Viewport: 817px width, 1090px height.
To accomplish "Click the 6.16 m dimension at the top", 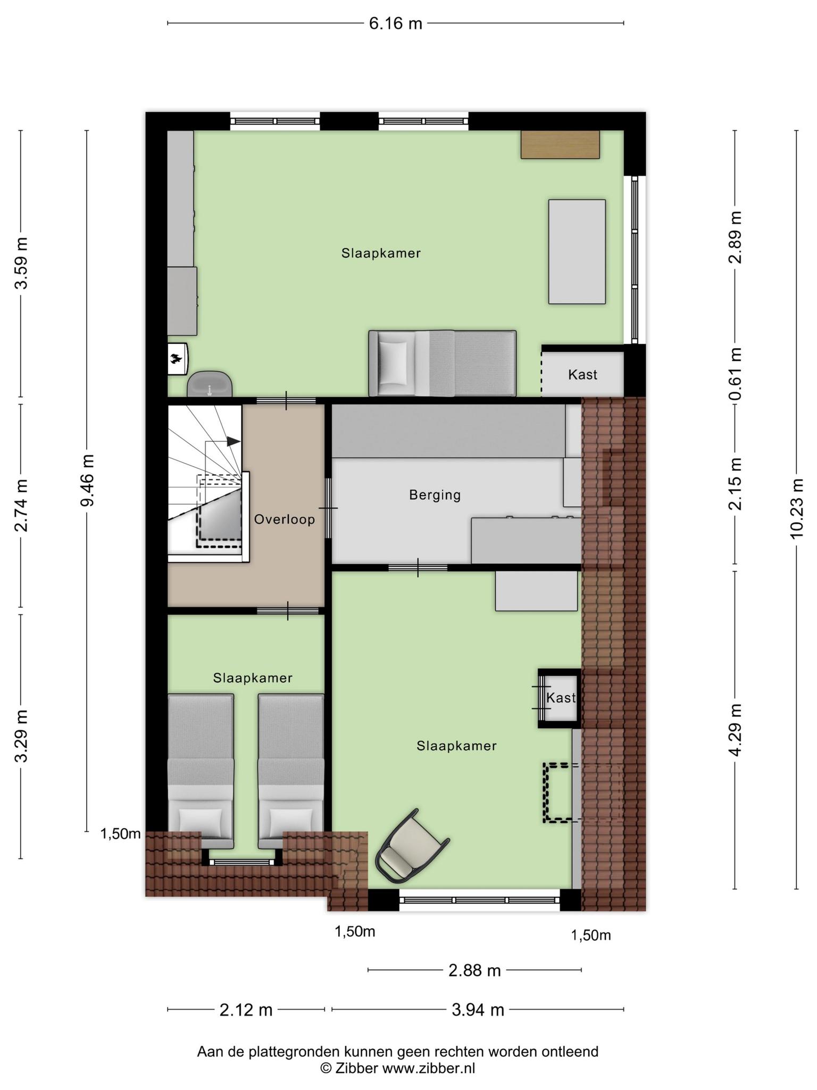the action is coord(395,23).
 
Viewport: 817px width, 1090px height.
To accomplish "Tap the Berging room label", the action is coord(435,495).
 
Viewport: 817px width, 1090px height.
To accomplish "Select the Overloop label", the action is coord(285,519).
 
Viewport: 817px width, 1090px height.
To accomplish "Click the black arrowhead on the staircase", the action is coord(233,441).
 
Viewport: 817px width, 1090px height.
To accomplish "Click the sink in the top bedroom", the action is coord(210,384).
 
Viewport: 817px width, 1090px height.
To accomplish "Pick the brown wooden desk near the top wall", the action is coord(560,144).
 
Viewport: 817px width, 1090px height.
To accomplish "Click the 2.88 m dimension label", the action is coord(474,970).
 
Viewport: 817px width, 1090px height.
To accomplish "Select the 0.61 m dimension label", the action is coord(735,374).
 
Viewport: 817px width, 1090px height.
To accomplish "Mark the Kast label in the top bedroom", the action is coord(582,375).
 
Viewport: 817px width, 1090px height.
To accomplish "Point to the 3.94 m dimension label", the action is coord(478,1010).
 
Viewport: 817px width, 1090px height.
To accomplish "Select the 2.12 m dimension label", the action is coord(246,1010).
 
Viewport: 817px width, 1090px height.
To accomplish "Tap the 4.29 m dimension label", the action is coord(735,730).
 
